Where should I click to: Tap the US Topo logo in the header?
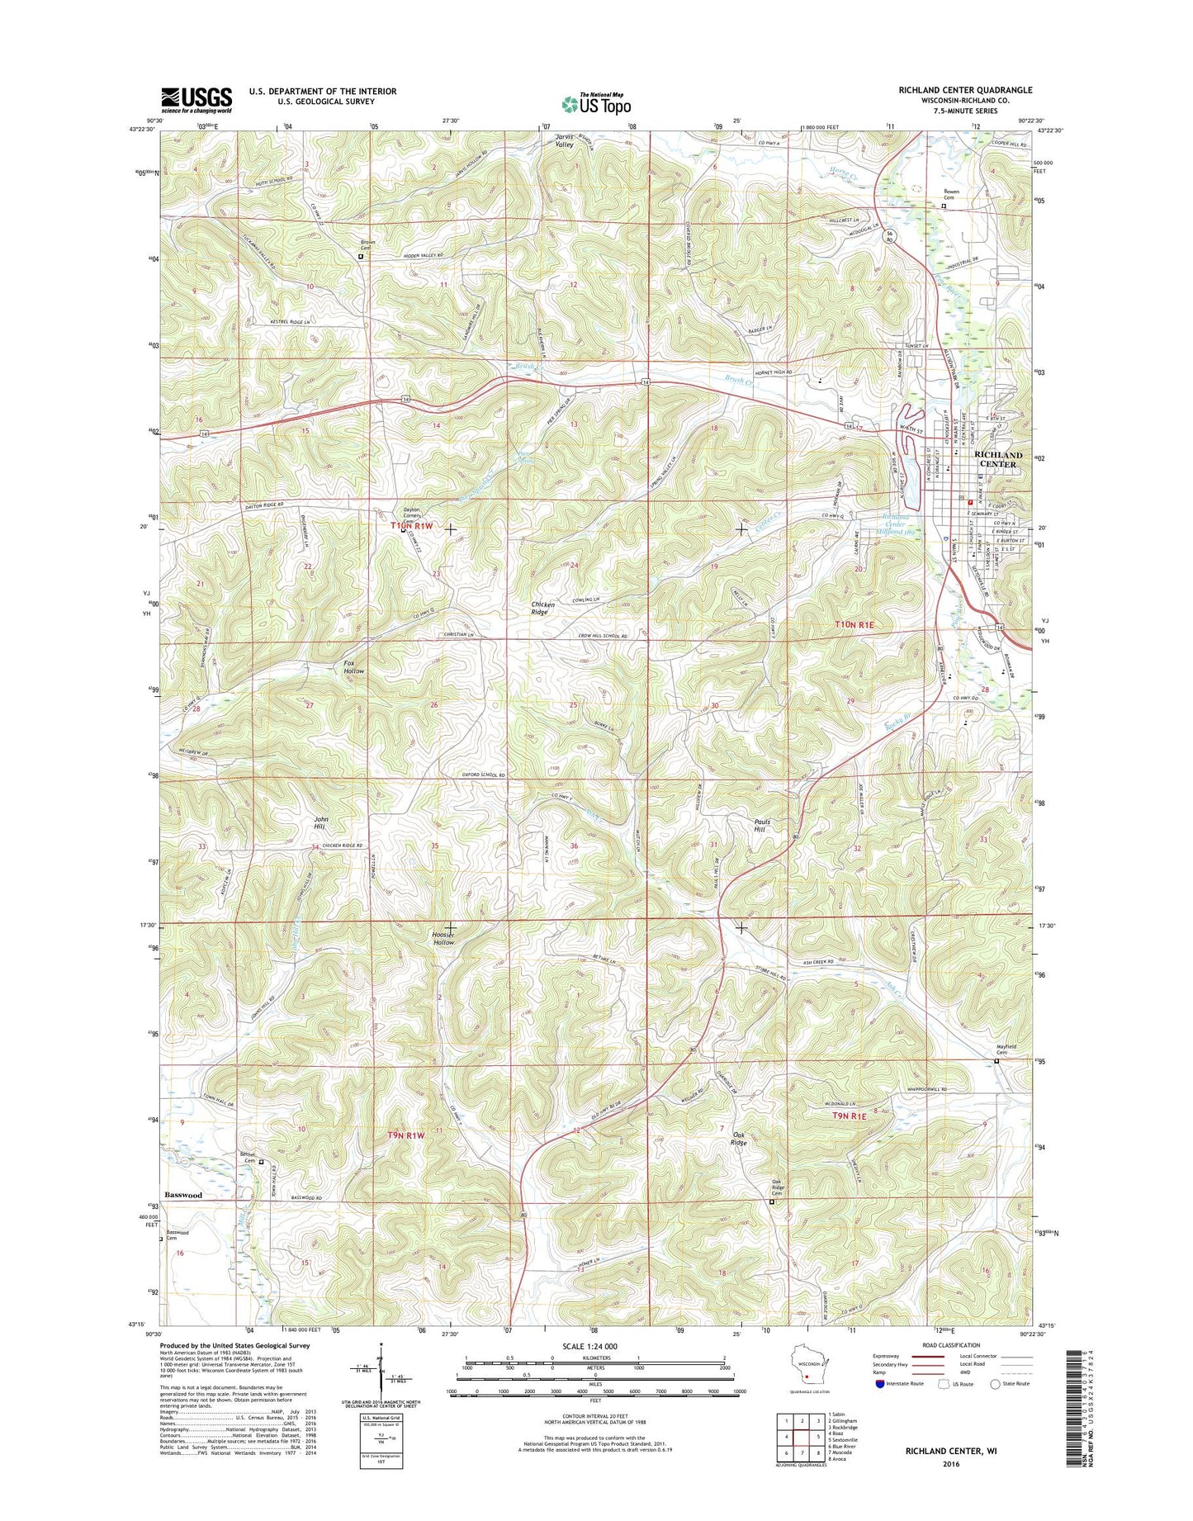pos(596,103)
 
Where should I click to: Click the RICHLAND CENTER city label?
pos(998,460)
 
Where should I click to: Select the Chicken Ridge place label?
pos(542,609)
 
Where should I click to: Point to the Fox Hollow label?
pos(353,667)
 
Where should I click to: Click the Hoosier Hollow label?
pos(444,938)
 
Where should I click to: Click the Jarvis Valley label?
pos(564,140)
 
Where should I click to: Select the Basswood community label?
pos(182,1195)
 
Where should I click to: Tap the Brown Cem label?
pos(367,245)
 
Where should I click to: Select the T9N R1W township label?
pos(405,1135)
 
